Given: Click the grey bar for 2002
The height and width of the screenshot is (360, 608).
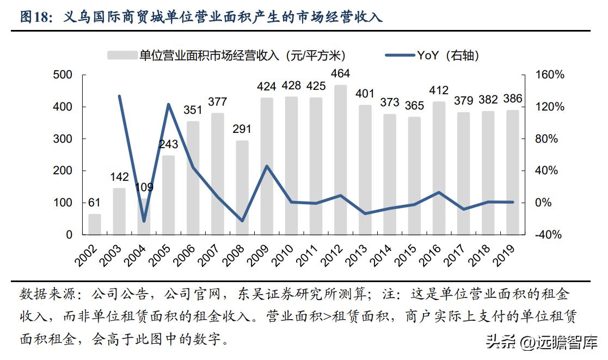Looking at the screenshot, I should (x=95, y=224).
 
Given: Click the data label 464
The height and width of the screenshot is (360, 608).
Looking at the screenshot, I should (x=341, y=74).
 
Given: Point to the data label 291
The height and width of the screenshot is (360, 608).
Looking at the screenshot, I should (x=242, y=130).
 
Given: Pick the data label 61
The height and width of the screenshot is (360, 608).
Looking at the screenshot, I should (x=95, y=203).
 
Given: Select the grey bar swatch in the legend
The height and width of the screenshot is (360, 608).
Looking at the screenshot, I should (x=121, y=55).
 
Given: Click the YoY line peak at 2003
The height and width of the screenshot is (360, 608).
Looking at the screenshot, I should (x=119, y=96).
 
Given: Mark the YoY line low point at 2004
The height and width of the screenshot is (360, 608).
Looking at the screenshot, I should (x=144, y=221).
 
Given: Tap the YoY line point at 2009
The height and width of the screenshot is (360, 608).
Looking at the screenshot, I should (x=267, y=166).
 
